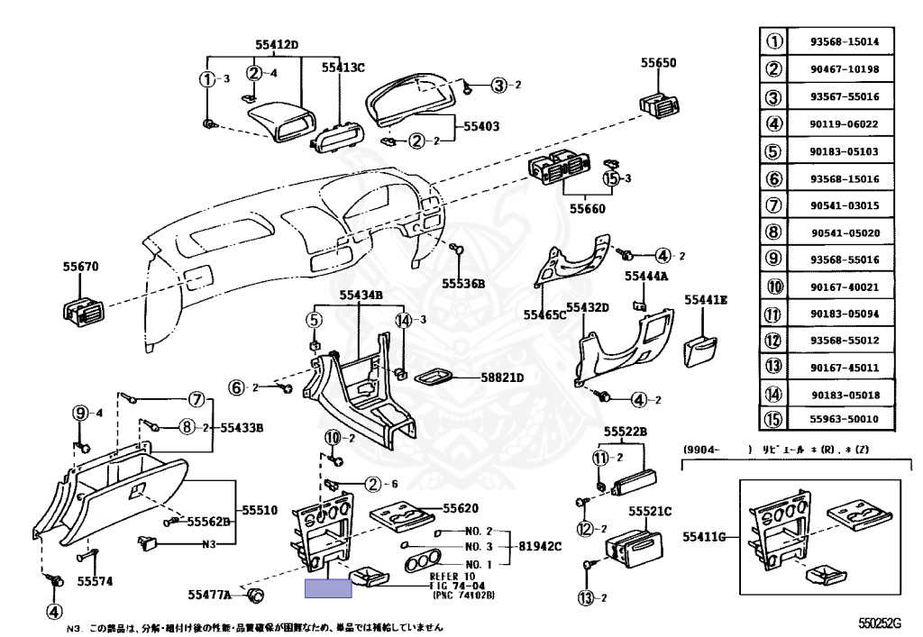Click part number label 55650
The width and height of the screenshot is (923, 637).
(659, 64)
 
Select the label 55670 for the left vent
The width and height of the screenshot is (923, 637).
(80, 267)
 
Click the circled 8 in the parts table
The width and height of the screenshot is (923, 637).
(773, 230)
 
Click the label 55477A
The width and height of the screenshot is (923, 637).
(210, 595)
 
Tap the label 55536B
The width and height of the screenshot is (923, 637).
(463, 283)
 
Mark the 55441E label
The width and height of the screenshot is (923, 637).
(706, 299)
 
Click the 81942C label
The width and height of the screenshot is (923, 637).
(539, 547)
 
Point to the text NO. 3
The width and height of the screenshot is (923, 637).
(479, 547)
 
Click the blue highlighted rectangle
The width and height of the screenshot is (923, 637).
(328, 589)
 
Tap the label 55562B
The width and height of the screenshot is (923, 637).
(208, 521)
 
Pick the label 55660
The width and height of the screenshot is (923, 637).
(587, 209)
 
